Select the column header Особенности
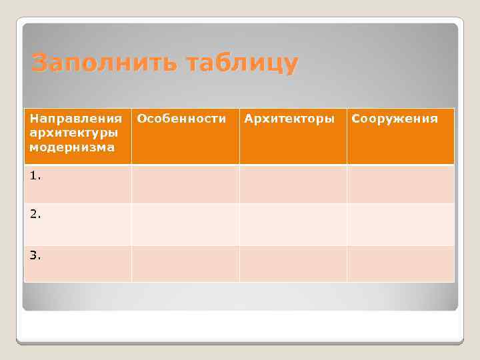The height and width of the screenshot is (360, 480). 181,119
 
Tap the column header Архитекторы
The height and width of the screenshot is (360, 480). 289,119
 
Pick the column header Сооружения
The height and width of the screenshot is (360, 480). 395,119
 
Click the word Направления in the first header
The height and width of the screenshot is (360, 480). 76,119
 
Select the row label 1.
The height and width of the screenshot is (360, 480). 35,176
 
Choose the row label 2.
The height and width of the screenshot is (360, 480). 35,215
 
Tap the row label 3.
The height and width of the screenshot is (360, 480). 35,255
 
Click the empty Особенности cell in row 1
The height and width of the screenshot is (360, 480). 185,184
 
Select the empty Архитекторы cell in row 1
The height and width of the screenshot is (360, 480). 293,184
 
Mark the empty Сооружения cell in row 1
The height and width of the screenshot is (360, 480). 400,184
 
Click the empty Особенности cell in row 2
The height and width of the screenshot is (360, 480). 185,224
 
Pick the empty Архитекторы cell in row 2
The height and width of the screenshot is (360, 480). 293,224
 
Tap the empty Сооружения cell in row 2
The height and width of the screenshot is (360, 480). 400,224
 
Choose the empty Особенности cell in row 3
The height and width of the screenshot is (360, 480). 185,263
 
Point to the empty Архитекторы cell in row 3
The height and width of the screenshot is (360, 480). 293,263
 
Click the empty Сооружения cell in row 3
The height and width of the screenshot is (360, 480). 400,263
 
